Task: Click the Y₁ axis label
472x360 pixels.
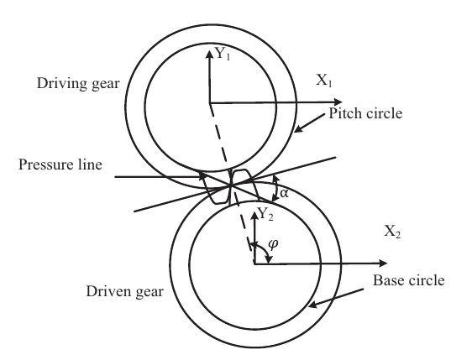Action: click(223, 55)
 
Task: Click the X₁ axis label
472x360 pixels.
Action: click(324, 81)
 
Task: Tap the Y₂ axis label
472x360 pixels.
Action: click(265, 214)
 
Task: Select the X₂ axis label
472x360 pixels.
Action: click(392, 232)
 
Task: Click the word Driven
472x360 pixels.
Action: click(108, 291)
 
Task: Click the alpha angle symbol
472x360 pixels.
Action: click(284, 193)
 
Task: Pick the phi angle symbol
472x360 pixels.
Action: click(273, 244)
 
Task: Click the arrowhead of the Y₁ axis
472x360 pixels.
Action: click(209, 55)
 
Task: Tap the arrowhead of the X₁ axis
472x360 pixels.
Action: click(338, 102)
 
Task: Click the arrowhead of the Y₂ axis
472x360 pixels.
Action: click(254, 216)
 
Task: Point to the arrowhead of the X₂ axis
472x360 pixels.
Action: click(383, 263)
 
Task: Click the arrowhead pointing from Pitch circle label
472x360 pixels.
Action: click(298, 129)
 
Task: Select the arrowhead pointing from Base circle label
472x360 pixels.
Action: click(312, 305)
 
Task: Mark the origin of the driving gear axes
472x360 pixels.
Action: click(209, 103)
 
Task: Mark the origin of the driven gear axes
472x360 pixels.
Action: click(254, 264)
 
